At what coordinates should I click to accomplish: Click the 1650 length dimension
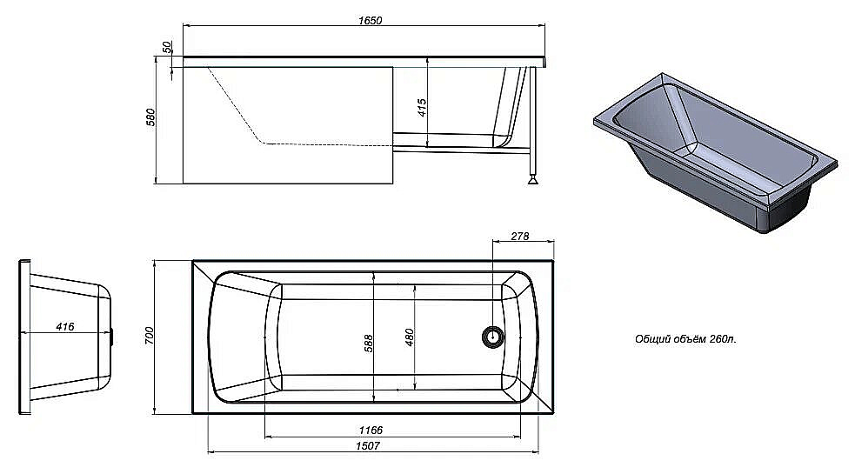371,21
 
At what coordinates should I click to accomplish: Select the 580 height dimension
150,117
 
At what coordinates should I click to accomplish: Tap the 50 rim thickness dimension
167,48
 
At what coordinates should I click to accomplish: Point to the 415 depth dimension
422,108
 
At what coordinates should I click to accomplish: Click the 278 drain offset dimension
519,237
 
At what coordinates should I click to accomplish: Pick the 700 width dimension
150,335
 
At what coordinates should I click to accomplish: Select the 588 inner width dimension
369,343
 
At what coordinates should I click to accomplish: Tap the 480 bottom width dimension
410,337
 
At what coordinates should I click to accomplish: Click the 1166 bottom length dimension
371,431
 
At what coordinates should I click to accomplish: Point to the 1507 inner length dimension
368,445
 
